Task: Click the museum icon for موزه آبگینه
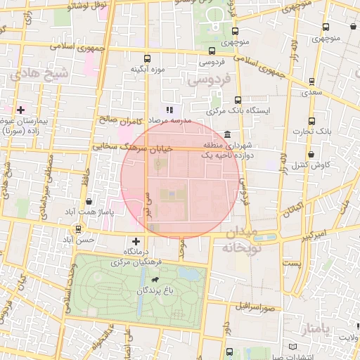[147, 58]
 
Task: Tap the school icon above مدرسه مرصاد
[169, 110]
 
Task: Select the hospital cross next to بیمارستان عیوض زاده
[21, 110]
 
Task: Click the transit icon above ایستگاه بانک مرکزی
[238, 100]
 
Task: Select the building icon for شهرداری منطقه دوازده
[226, 135]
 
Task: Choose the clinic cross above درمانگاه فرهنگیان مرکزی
[136, 241]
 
